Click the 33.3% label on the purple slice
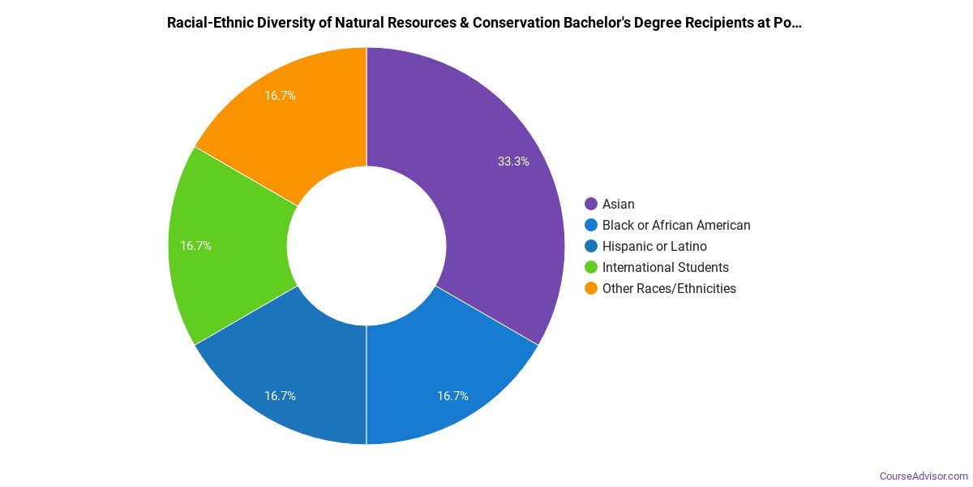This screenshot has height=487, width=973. coord(513,162)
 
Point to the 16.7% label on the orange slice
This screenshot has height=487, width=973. coord(280,96)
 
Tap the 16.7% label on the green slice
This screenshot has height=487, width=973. coord(195,246)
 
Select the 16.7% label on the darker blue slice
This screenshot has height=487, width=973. coord(280,396)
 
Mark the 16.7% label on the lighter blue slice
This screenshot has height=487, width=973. coord(452,396)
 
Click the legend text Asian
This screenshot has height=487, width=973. coord(619,204)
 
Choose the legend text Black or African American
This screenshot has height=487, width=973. coord(676,225)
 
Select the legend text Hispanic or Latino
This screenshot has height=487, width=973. coord(654,246)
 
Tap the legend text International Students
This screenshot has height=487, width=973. coord(666,267)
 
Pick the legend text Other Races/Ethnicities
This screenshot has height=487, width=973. coord(669,288)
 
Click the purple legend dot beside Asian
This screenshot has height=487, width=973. coord(591,204)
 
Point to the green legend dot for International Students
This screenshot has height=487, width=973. coord(591,267)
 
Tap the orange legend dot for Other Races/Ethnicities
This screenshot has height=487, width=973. coord(591,288)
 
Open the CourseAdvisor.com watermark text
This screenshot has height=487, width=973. coord(924,476)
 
